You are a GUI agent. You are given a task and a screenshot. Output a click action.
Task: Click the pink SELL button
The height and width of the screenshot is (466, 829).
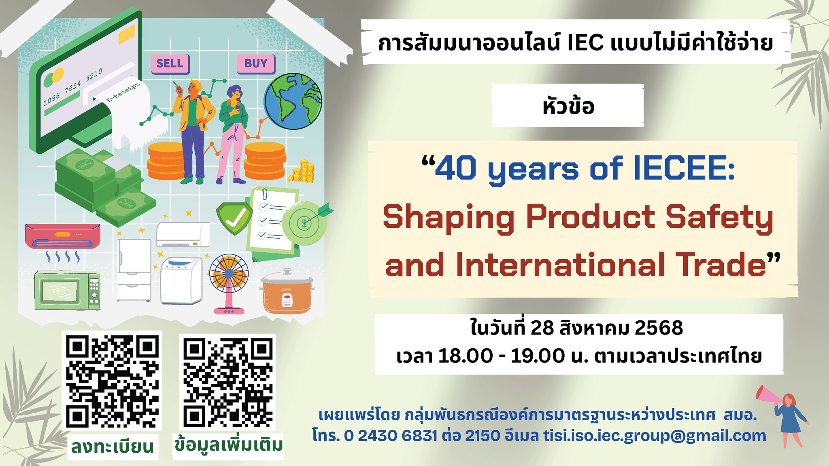point(170,64)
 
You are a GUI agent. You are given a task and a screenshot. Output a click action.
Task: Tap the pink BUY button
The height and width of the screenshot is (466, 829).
point(256,64)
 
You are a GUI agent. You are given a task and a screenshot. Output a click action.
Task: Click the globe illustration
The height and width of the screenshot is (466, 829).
point(293,101)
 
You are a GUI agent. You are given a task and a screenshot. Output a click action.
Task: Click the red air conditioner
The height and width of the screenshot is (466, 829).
point(63,236)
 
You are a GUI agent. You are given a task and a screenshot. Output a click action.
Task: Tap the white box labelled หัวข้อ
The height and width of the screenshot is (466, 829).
point(568,106)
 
